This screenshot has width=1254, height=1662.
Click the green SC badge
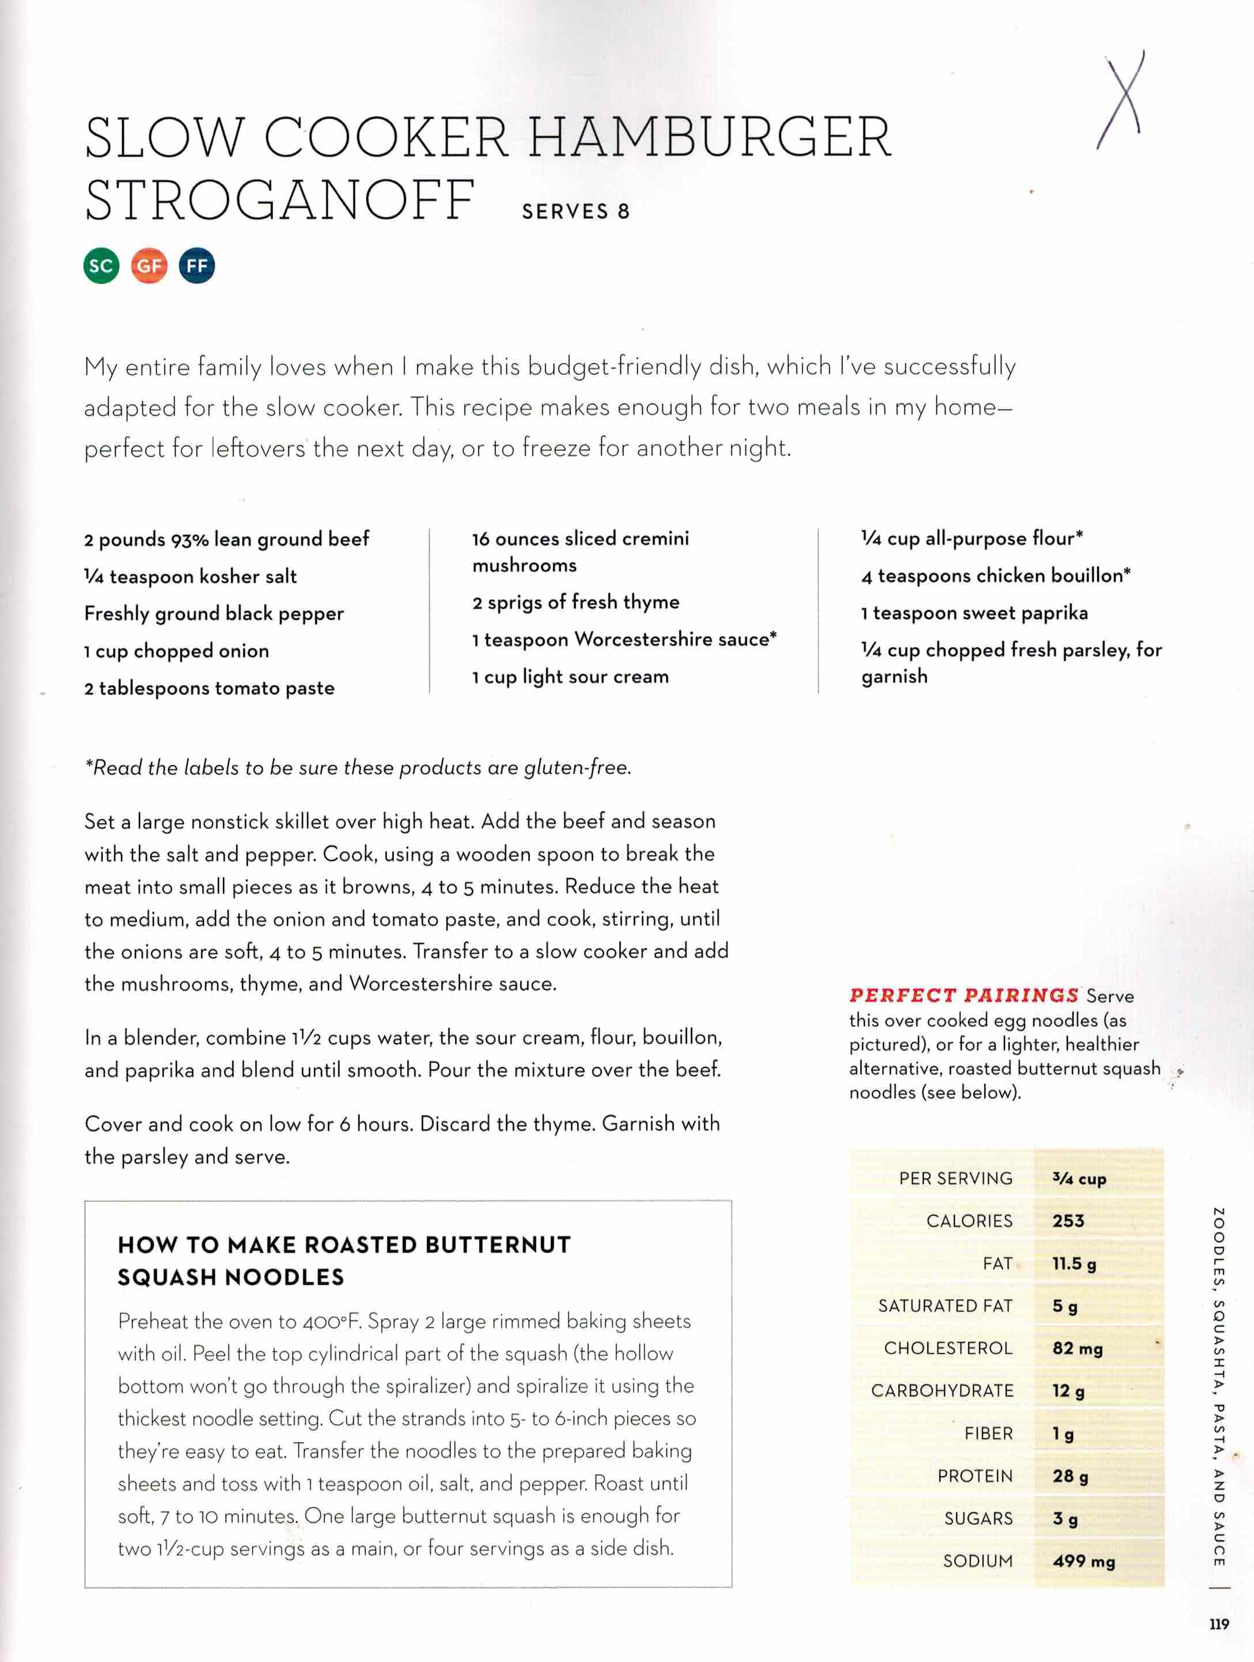pyautogui.click(x=101, y=265)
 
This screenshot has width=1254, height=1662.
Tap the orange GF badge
pyautogui.click(x=149, y=265)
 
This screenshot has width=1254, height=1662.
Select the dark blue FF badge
pyautogui.click(x=197, y=265)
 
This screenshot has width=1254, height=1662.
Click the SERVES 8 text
pyautogui.click(x=575, y=212)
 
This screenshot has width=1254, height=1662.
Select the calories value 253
pyautogui.click(x=1068, y=1221)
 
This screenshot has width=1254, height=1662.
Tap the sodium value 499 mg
pyautogui.click(x=1083, y=1561)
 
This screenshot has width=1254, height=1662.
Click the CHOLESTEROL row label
pyautogui.click(x=948, y=1348)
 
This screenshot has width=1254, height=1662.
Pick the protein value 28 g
pyautogui.click(x=1070, y=1477)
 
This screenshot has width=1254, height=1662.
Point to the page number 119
pyautogui.click(x=1219, y=1625)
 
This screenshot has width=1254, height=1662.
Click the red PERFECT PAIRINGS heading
pyautogui.click(x=964, y=996)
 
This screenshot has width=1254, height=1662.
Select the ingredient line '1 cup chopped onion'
pyautogui.click(x=177, y=651)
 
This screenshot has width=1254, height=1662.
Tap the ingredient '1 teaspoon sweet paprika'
pyautogui.click(x=975, y=613)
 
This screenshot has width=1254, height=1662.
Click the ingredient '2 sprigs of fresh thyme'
pyautogui.click(x=576, y=602)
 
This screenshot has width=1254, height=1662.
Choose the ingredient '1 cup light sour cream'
pyautogui.click(x=571, y=677)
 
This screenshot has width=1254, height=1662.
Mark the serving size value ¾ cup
pyautogui.click(x=1079, y=1179)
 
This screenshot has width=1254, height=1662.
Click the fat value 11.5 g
pyautogui.click(x=1074, y=1264)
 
